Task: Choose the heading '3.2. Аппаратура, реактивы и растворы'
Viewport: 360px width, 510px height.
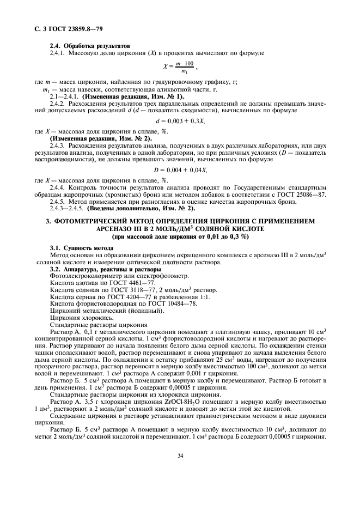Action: (105, 269)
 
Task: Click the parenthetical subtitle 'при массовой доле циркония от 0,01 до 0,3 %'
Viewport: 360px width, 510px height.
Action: (180, 238)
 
